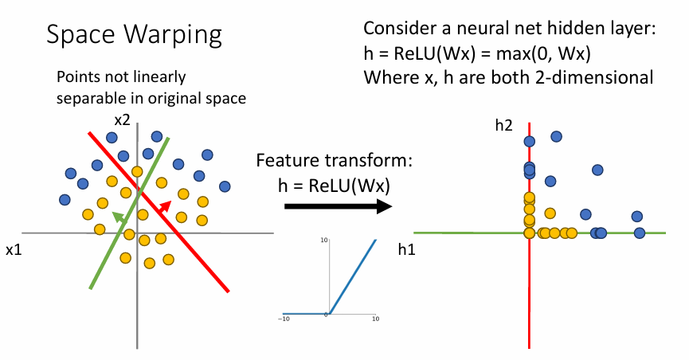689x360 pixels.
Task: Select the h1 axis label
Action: tap(408, 249)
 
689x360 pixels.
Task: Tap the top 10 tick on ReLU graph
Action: tap(324, 241)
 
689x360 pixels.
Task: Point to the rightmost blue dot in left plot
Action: tap(225, 186)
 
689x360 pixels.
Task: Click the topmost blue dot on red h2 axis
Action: tap(530, 142)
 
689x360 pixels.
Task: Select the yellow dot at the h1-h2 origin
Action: tap(529, 233)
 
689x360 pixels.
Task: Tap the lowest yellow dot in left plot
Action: tap(149, 263)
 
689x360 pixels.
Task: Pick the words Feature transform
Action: tap(334, 160)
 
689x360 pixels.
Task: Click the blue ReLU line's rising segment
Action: tap(354, 275)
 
